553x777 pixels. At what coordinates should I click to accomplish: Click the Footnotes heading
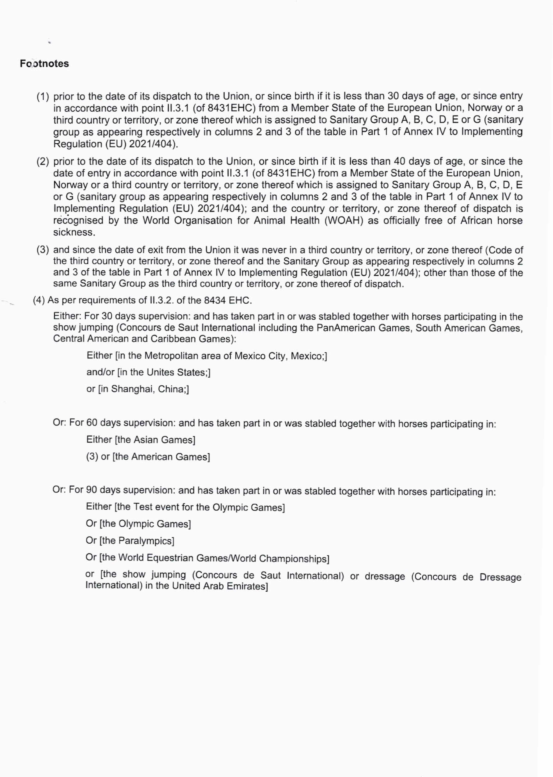[x=44, y=64]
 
